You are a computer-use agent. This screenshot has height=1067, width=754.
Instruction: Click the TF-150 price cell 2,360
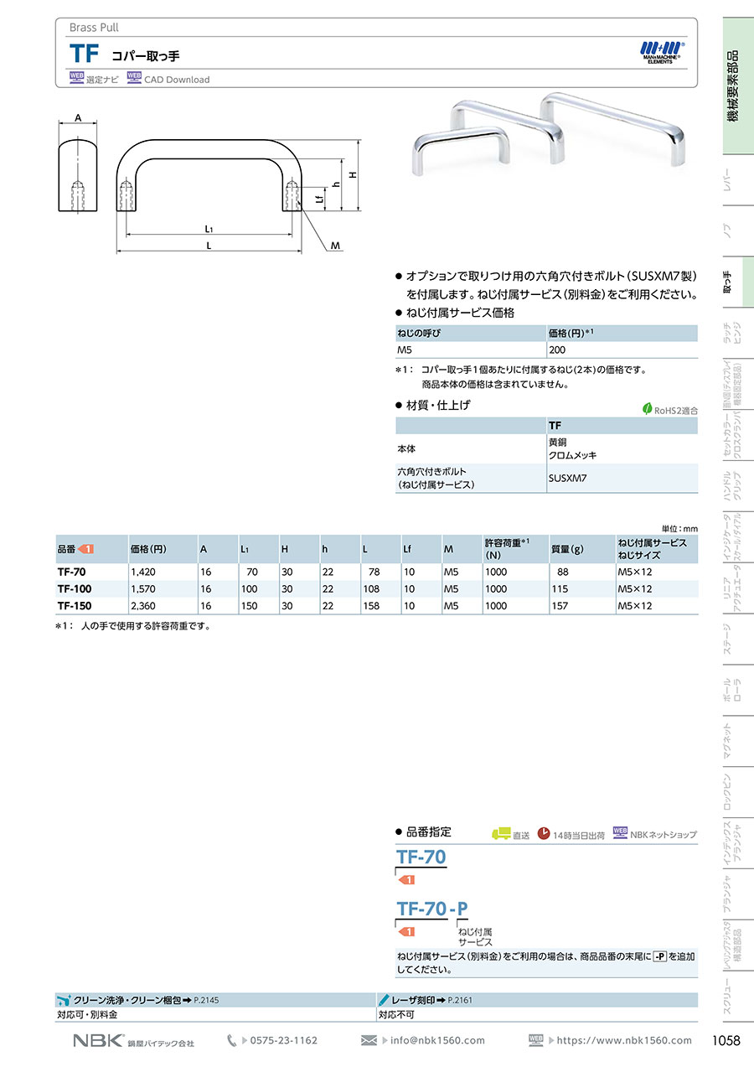pos(143,606)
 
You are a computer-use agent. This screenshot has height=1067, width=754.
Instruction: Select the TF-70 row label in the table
pos(71,572)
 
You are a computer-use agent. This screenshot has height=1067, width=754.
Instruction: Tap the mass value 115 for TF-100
pos(560,588)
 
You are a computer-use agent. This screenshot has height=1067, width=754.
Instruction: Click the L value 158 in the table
pos(371,606)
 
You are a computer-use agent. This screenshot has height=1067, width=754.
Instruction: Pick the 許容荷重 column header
pos(507,549)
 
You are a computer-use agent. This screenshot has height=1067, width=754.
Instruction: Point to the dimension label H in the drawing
pos(353,175)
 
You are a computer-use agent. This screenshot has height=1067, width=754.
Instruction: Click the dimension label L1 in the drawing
pos(209,229)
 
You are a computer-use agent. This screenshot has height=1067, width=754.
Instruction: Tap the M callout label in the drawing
pos(336,246)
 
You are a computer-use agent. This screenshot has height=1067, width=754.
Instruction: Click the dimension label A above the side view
pos(78,117)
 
